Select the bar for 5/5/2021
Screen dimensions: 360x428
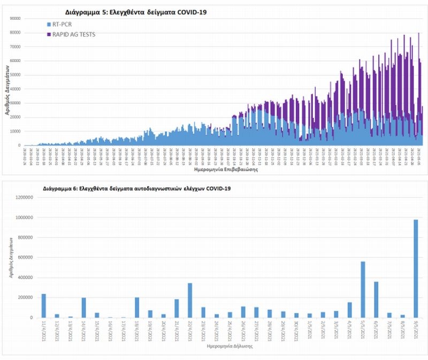tap(363, 289)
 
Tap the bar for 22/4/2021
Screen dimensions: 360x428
tap(190, 300)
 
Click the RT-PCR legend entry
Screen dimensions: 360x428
tap(58, 25)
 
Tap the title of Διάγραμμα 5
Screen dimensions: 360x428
tap(128, 12)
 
